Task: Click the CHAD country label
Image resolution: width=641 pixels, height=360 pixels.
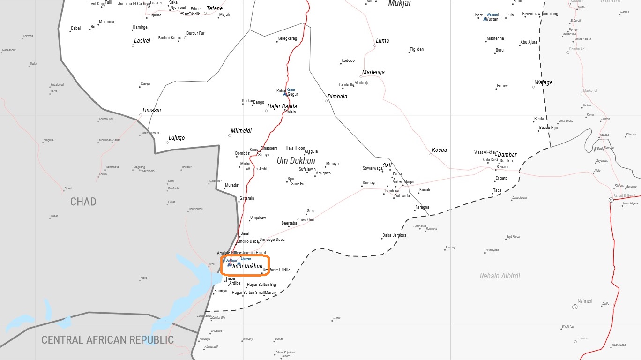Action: tap(83, 202)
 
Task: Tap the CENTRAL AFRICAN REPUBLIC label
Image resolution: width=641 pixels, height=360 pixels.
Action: tap(107, 340)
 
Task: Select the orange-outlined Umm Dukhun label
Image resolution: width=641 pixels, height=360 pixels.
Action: tap(246, 266)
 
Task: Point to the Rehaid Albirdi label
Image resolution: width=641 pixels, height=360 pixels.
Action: tap(499, 276)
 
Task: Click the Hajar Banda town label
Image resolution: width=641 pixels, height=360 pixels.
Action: tap(282, 106)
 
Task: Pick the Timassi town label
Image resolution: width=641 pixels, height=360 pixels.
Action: tap(151, 110)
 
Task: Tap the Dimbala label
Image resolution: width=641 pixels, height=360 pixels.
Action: tap(337, 97)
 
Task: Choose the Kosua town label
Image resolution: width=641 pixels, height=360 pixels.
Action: tap(439, 150)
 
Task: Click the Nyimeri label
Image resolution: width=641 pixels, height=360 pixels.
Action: tap(585, 301)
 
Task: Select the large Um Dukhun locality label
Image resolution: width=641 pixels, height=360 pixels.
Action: tap(296, 161)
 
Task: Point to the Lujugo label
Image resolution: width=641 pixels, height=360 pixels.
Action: tap(176, 138)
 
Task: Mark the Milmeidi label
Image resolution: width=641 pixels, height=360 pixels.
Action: tap(241, 131)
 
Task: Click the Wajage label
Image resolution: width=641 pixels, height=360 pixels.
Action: tap(544, 82)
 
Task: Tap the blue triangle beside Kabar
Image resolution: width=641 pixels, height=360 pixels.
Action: tap(284, 94)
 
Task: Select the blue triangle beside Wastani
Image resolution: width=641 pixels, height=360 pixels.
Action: tap(485, 19)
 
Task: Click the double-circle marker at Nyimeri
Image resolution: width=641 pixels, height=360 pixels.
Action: tap(575, 307)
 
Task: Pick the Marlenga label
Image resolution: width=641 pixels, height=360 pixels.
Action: tap(373, 72)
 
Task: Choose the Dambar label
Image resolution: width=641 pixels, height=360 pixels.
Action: tap(507, 155)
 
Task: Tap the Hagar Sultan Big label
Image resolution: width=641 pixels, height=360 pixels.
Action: tap(261, 285)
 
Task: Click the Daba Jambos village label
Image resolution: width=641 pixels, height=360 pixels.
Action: tap(394, 235)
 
